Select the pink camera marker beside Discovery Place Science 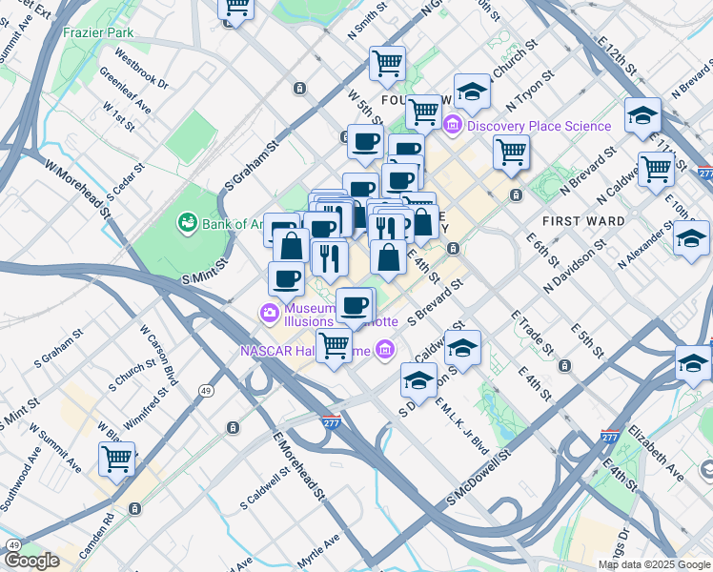click(452, 126)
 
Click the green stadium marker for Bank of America click(186, 223)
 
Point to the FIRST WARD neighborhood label click(583, 220)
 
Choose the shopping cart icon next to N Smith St click(387, 64)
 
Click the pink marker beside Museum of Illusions click(270, 313)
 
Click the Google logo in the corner click(31, 561)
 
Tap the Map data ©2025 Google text click(653, 564)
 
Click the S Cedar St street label click(125, 181)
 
